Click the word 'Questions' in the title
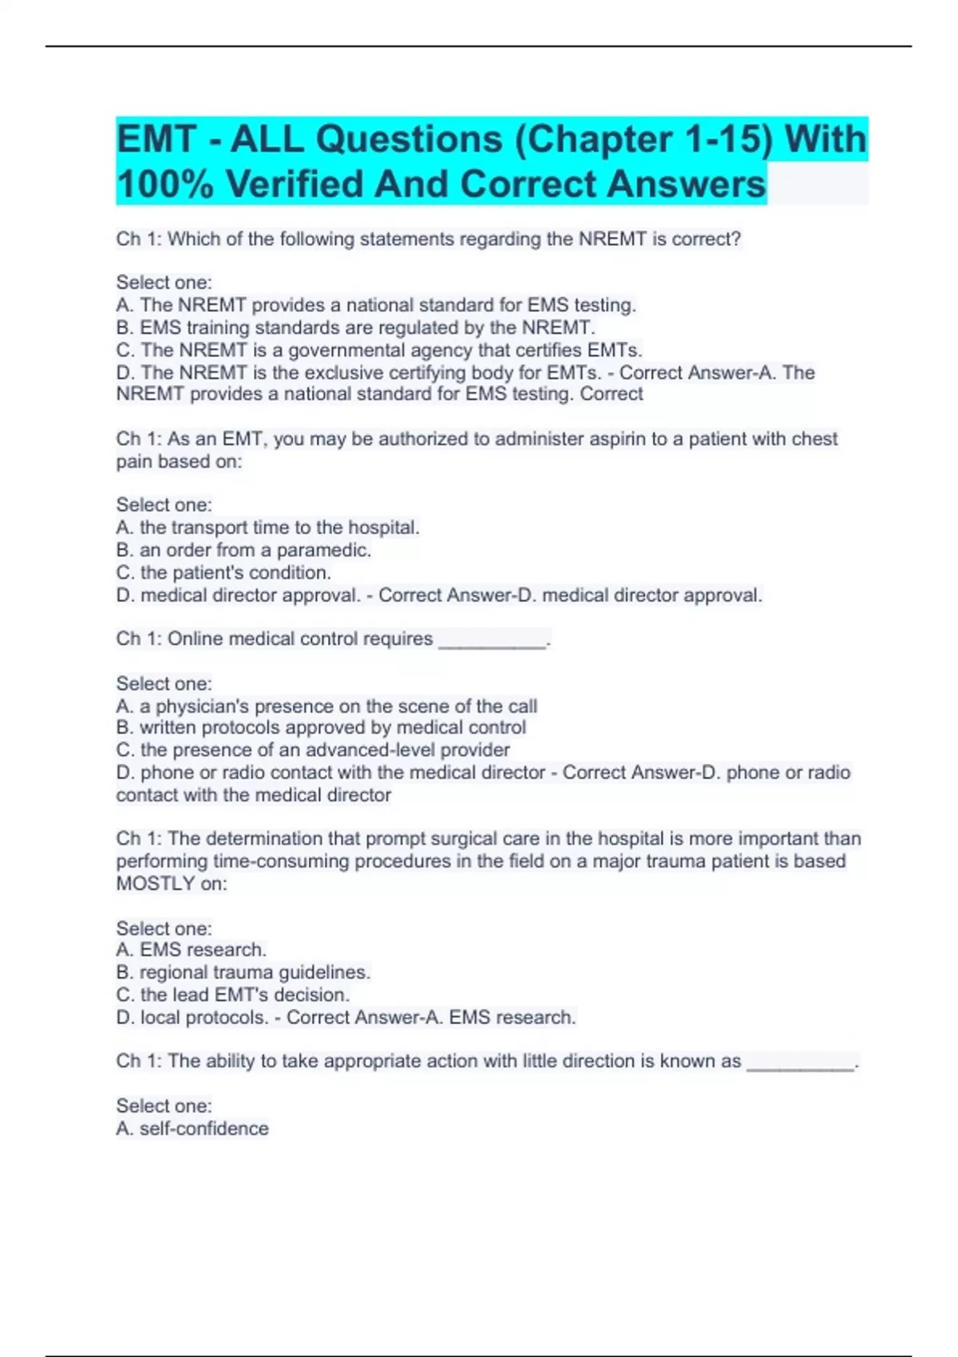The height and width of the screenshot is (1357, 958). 409,140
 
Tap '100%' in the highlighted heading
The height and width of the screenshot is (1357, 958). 164,184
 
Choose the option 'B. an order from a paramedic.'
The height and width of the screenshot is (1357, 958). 243,550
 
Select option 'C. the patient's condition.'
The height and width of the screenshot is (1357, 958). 224,572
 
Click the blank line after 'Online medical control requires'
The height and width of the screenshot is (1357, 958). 493,640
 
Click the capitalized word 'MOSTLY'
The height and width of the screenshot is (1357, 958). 156,884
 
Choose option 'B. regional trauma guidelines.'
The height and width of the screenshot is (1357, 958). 243,972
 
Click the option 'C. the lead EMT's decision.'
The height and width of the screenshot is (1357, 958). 233,995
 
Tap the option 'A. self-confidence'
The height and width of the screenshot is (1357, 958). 192,1129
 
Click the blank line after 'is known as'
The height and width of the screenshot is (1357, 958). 800,1062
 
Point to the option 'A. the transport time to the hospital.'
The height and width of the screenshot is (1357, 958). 267,528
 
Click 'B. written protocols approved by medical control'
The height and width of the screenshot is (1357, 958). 321,728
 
